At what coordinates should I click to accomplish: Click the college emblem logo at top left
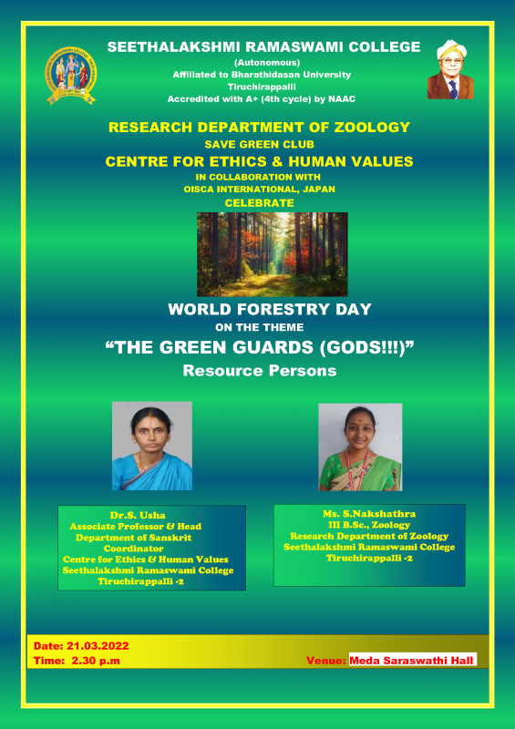coord(71,75)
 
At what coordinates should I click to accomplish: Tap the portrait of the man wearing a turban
coord(450,69)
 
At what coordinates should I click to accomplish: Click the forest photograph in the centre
coord(273,254)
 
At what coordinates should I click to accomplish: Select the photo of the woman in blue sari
coord(152,446)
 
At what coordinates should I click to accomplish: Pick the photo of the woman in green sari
coord(360,447)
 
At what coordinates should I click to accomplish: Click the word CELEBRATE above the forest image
coord(259,203)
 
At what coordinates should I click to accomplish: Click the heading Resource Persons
coord(260,371)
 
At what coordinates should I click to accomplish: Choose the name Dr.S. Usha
coord(138,515)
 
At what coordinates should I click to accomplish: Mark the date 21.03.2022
coord(98,646)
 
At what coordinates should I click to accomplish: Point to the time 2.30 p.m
coord(96,661)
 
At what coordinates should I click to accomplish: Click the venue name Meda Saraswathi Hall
coord(411,661)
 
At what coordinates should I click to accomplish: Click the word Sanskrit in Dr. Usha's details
coord(172,538)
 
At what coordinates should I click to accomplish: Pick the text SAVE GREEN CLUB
coord(260,145)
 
